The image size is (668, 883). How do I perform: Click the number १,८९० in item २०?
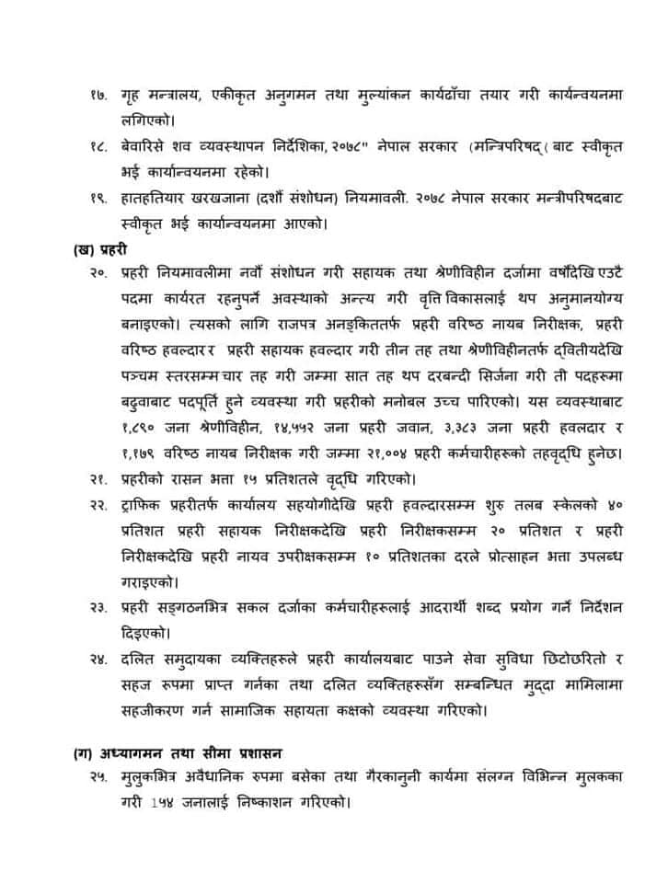tap(137, 428)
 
